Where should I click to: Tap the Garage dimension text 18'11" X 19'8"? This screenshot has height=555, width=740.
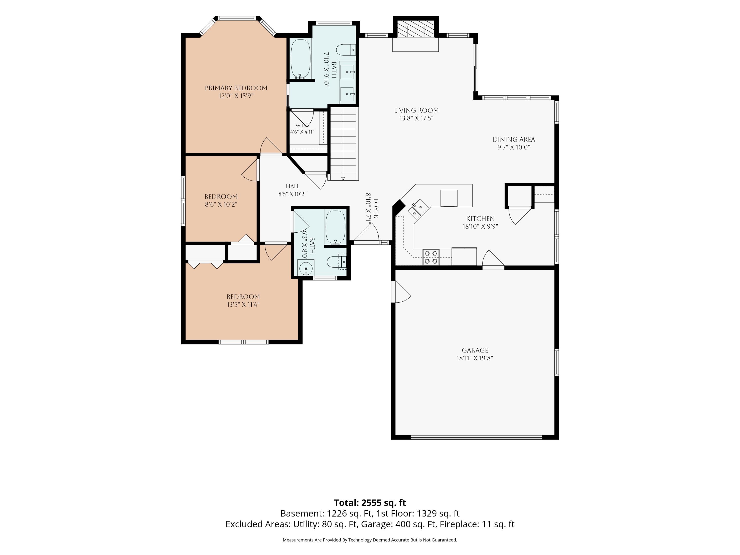point(475,358)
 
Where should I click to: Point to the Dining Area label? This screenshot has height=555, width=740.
point(514,140)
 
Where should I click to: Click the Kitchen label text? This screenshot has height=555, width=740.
point(481,219)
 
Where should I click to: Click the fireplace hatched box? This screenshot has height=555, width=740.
point(416,31)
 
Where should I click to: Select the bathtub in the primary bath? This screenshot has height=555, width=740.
point(300,59)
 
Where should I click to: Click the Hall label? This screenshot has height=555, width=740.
point(292,186)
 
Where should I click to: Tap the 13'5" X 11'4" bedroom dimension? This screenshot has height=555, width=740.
point(243,304)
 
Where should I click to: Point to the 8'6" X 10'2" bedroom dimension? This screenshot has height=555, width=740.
point(221,204)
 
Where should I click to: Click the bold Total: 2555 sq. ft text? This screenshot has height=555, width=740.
point(370,503)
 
